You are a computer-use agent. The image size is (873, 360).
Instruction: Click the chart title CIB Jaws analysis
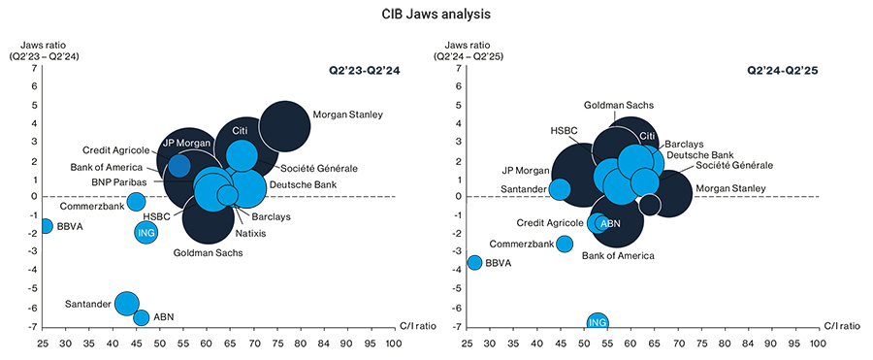click(x=436, y=15)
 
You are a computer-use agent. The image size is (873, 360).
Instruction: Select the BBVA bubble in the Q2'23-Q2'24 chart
click(x=45, y=226)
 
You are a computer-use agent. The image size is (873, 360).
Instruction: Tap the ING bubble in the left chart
click(x=145, y=232)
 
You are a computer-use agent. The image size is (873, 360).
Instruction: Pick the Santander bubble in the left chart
click(x=126, y=303)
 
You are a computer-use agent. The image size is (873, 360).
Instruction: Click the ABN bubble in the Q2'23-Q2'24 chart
click(x=142, y=317)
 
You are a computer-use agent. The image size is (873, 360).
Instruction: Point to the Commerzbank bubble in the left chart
click(x=137, y=202)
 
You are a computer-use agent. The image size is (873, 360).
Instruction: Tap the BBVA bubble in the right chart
click(x=474, y=262)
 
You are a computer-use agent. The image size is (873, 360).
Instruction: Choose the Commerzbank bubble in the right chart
click(x=565, y=243)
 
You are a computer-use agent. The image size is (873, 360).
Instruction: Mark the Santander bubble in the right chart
click(x=560, y=189)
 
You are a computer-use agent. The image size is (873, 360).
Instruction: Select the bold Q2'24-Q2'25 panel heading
click(x=782, y=71)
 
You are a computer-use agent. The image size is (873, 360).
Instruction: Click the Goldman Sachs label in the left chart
click(x=208, y=253)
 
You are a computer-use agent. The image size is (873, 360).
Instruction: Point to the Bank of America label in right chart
click(x=618, y=256)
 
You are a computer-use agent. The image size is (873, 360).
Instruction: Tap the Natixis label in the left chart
click(x=251, y=233)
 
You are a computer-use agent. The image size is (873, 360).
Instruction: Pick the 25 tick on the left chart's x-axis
click(x=43, y=343)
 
